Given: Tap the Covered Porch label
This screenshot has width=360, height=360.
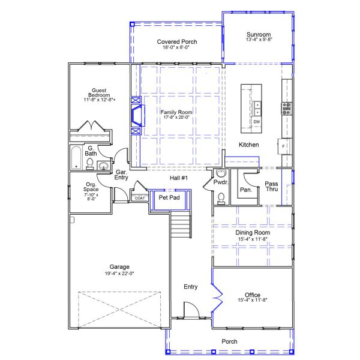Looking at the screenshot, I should pos(177,41).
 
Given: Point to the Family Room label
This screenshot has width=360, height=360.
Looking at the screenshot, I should pos(176,112).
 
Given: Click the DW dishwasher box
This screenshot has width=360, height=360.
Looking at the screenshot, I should pos(257,122).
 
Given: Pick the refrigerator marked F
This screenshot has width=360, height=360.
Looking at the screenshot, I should pos(283,146).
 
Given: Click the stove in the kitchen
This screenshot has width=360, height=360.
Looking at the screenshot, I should pos(286,109).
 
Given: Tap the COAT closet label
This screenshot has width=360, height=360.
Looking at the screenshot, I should pos(139,198).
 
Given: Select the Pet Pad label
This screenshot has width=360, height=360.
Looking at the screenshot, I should pos(169,197).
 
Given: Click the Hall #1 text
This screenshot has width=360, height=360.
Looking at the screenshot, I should pos(179,178).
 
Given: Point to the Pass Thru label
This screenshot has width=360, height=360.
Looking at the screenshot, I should pos(272,187).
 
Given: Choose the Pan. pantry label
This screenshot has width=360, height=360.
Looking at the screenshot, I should pos(245,190).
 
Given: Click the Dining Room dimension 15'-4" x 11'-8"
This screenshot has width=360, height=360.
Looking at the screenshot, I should pos(253,239).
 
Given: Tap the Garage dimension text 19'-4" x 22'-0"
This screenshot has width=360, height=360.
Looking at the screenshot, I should pos(119,274).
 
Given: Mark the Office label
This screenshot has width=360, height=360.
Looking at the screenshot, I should pos(253,295).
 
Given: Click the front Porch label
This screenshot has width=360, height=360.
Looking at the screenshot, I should pos(230,341).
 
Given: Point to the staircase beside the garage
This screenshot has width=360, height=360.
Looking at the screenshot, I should pos(181,224).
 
